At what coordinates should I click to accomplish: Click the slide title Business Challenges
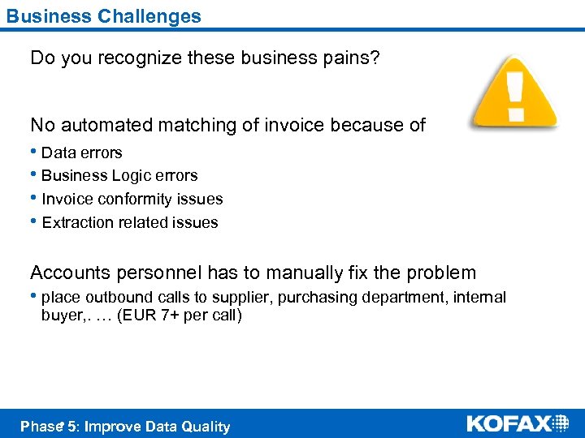104,15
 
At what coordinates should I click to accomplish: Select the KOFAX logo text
509,423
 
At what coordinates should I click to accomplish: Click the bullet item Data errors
81,152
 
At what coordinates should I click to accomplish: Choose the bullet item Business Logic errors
119,176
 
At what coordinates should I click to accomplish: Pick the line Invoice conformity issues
132,200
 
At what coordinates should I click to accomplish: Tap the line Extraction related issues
129,223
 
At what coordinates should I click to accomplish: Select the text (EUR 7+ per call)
179,316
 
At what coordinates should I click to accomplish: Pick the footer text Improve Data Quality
157,427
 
